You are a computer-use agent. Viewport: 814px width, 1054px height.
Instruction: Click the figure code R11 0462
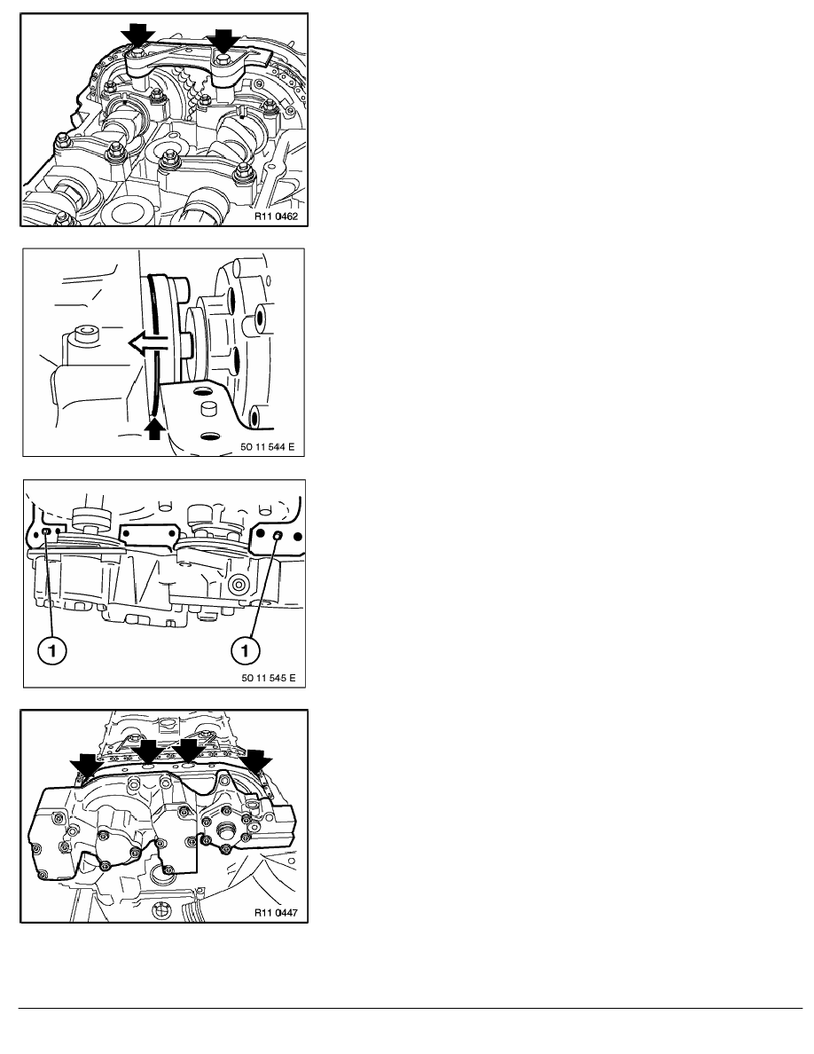[276, 217]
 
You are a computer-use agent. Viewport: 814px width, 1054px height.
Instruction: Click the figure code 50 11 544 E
[267, 447]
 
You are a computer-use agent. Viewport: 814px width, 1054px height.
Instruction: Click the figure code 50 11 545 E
[269, 678]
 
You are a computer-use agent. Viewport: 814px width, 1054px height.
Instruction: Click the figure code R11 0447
[276, 913]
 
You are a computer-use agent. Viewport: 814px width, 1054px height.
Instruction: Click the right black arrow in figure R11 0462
[223, 41]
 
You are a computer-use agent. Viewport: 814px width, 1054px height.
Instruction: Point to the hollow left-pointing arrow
[149, 345]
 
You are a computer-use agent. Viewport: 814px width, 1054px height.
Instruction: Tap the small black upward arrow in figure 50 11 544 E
[155, 429]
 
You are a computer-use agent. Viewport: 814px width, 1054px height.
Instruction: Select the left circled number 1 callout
[51, 650]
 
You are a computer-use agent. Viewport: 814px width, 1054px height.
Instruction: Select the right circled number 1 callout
[245, 650]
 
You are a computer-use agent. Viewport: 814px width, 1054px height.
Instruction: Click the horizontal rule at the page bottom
[411, 1008]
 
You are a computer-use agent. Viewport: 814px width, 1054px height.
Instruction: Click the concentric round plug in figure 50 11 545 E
[238, 585]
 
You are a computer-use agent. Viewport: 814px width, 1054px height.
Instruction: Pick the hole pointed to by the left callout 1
[46, 531]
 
